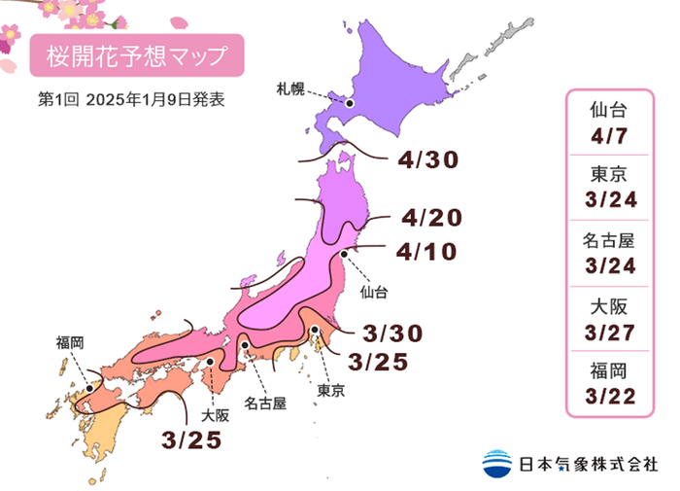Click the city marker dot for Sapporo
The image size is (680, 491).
[x=350, y=101]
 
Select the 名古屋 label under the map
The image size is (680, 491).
[x=265, y=403]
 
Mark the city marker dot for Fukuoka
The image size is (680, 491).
[x=89, y=387]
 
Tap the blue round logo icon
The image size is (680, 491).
[x=496, y=464]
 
